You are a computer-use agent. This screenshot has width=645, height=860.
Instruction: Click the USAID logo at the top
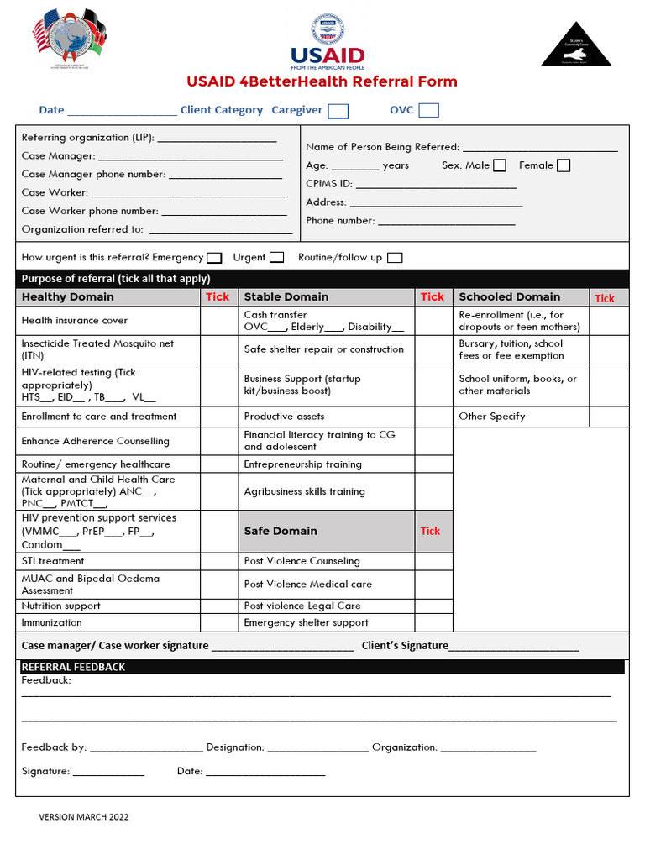(x=328, y=43)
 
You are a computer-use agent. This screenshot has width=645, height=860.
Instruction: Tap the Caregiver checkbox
(x=338, y=111)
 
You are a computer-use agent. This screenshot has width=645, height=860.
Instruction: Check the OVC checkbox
(x=428, y=110)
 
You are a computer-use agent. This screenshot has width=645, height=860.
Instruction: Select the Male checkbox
(x=500, y=165)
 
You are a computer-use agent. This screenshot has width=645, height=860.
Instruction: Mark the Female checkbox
(x=564, y=165)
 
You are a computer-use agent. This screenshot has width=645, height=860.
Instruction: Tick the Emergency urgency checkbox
(x=214, y=258)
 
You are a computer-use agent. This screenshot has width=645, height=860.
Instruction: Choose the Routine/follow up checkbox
(x=395, y=258)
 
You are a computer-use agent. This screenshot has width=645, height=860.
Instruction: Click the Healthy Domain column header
(x=67, y=296)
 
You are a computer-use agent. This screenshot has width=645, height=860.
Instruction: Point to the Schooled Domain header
(x=509, y=296)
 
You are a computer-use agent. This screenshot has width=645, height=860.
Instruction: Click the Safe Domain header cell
(x=281, y=531)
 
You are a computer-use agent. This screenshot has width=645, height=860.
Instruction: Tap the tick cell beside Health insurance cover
(x=218, y=321)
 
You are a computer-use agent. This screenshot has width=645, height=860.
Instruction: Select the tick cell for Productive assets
(x=433, y=417)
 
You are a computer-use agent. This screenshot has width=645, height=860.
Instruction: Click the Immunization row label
(x=52, y=622)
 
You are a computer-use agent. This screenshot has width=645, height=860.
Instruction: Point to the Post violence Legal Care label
(x=302, y=606)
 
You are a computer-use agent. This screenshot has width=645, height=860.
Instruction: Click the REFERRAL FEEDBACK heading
(x=73, y=667)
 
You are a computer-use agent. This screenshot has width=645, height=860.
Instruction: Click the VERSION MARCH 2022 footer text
(x=84, y=816)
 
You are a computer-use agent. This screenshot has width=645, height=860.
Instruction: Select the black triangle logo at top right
(x=576, y=44)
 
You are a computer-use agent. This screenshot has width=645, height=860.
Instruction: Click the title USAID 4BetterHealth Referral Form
(x=322, y=81)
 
